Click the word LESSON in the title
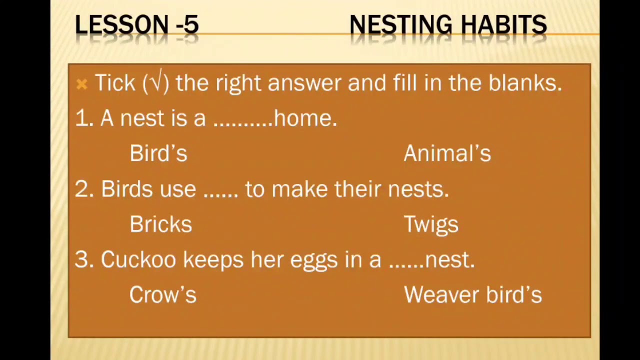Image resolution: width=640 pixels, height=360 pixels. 121,24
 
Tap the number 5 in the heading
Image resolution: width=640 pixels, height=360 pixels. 191,24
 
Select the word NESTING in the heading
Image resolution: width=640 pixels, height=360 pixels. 401,24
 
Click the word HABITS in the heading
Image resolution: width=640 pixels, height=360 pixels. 504,24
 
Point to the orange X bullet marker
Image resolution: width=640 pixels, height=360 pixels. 81,84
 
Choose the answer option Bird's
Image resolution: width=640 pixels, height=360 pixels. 158,153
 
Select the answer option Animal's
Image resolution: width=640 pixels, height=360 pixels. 447,153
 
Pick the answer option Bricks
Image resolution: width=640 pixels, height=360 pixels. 161,224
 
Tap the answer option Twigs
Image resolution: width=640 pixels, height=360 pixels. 431,225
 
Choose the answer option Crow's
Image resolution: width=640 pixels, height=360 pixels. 163,294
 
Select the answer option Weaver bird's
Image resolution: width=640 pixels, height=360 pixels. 473,294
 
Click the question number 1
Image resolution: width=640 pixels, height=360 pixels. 84,118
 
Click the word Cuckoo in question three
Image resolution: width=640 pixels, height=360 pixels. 138,259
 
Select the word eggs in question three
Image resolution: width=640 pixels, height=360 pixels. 313,261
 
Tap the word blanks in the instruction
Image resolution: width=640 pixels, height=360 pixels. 525,83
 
